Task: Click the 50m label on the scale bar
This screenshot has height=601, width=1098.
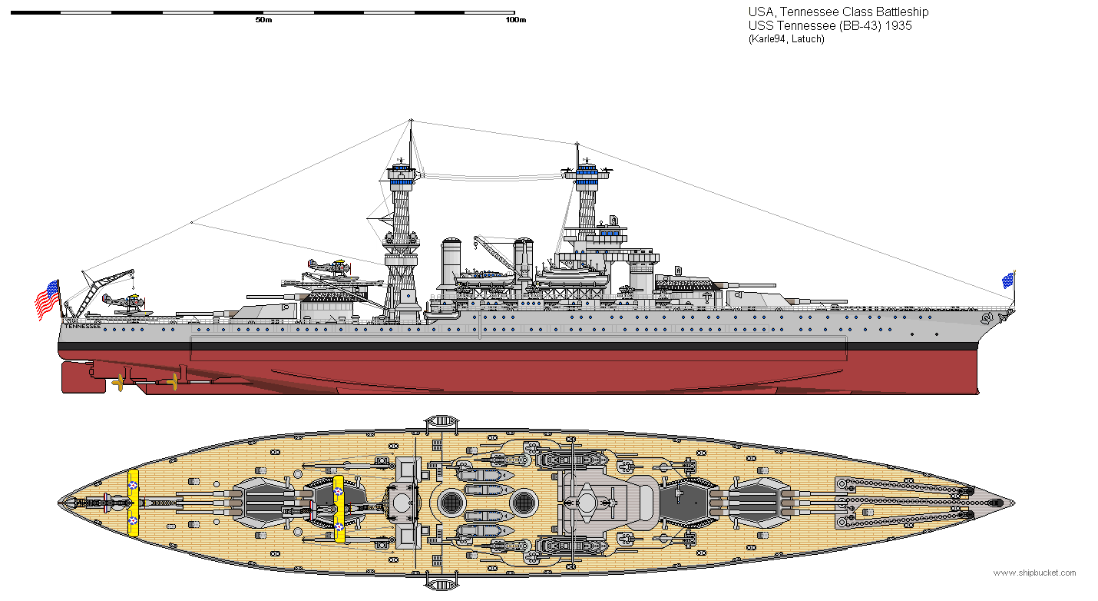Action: click(x=263, y=20)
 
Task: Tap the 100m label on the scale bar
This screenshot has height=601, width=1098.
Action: click(x=515, y=20)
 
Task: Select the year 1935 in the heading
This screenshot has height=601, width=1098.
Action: click(x=900, y=25)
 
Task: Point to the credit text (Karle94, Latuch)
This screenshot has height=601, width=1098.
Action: click(x=785, y=39)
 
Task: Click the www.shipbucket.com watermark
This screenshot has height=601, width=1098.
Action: click(x=1034, y=573)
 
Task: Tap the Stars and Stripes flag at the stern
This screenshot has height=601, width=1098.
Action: click(x=47, y=300)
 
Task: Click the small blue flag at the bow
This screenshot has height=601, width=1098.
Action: click(x=1007, y=281)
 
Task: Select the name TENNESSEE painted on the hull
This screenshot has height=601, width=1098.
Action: click(x=82, y=326)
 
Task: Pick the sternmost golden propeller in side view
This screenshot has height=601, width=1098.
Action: click(x=118, y=381)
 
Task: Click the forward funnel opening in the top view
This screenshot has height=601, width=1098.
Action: click(x=523, y=502)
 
